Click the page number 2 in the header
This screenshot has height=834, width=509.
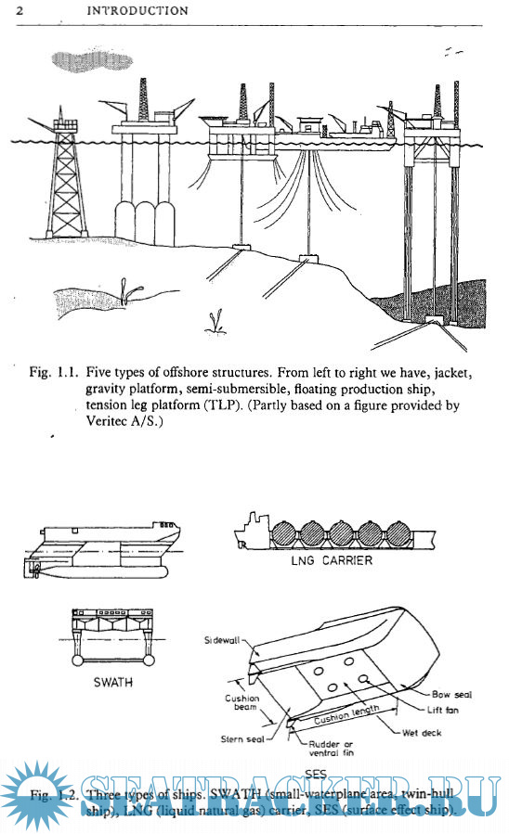tap(20, 11)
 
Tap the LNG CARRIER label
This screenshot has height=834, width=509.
tap(332, 561)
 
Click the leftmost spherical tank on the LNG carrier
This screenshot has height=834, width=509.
tap(288, 536)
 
